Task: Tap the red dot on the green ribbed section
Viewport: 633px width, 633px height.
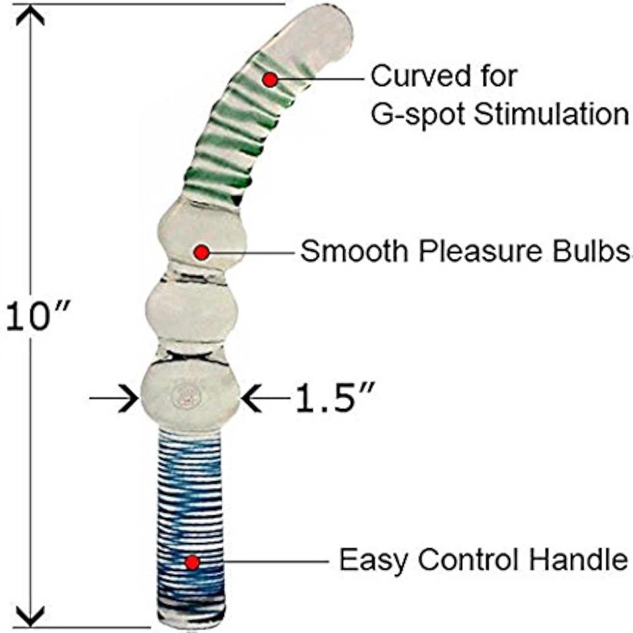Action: (270, 79)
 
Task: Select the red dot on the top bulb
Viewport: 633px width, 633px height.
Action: (202, 252)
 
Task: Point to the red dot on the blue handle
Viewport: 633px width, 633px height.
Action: (192, 562)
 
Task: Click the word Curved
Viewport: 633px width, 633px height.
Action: (409, 77)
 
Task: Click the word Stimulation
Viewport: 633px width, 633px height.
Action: (551, 114)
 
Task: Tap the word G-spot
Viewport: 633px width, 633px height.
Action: (418, 115)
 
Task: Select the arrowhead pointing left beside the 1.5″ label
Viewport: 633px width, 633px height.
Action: (251, 398)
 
